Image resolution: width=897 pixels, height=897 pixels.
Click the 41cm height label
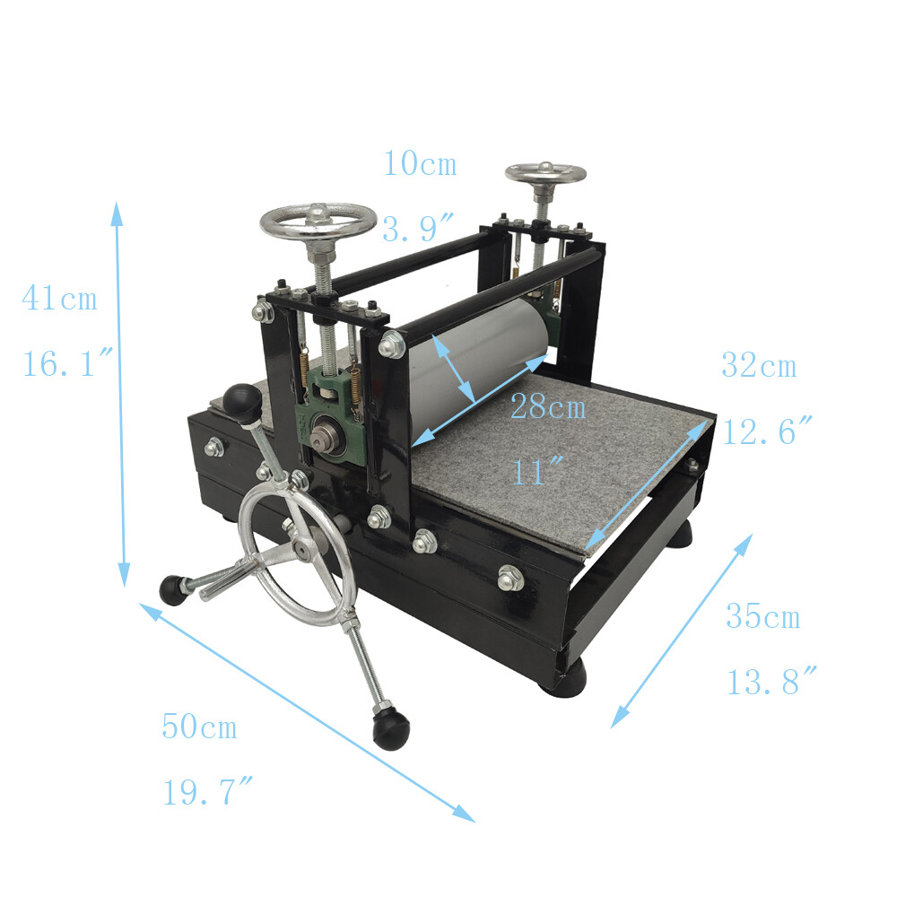(x=59, y=299)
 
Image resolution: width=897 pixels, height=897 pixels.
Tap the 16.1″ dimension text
(x=68, y=364)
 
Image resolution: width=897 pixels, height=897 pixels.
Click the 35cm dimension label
(x=762, y=617)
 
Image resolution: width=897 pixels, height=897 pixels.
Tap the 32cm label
(x=758, y=366)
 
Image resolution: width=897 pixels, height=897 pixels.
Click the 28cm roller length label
(x=547, y=408)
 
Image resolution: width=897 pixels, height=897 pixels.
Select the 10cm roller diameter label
(x=420, y=164)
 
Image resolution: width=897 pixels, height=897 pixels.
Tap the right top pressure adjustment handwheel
(x=544, y=172)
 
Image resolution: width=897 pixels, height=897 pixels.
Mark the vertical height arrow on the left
(x=120, y=395)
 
